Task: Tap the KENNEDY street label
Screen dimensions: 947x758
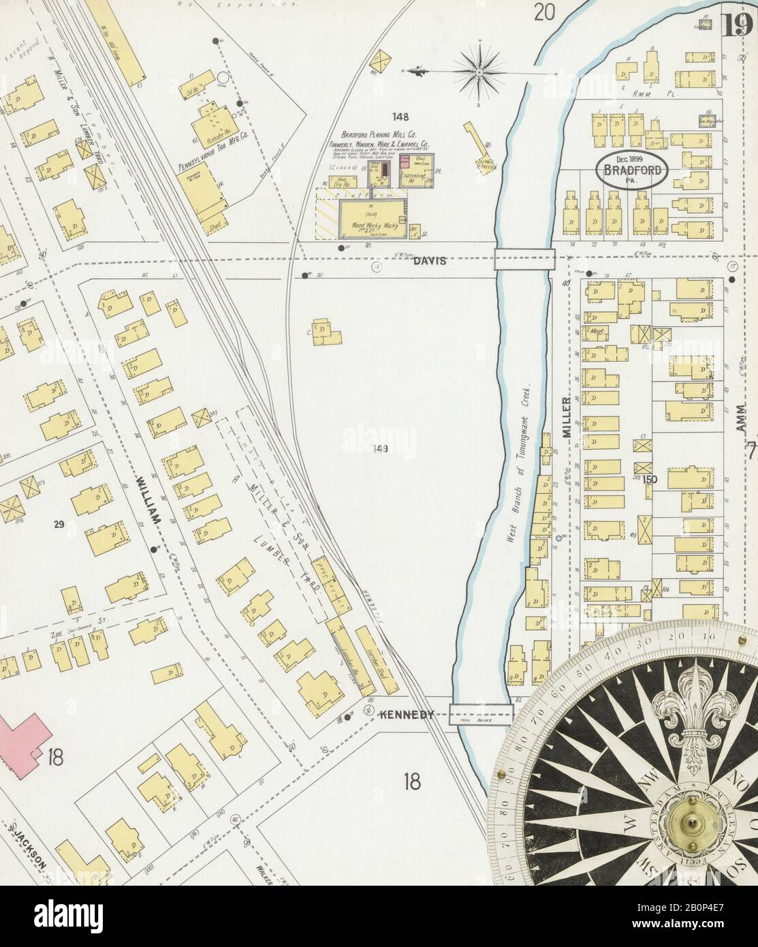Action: (407, 715)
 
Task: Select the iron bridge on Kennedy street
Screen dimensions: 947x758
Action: (481, 715)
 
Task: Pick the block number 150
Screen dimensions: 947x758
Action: (649, 480)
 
